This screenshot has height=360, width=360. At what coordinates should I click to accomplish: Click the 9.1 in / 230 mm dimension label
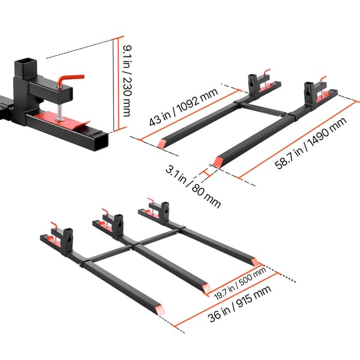coord(127,81)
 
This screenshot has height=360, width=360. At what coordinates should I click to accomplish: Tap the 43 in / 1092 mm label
coord(184,107)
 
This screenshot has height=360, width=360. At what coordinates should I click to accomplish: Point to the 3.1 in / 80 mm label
coord(193,187)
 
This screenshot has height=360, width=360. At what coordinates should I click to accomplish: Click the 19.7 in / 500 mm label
coord(239,283)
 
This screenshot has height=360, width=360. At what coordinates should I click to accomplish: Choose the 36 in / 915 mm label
coord(239,303)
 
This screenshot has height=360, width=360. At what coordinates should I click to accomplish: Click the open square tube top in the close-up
coord(25,62)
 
